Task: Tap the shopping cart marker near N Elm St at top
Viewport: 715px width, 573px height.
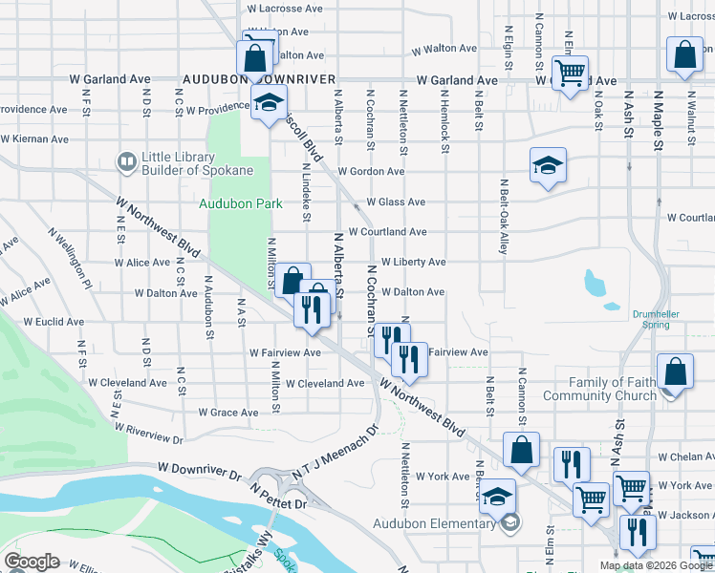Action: coord(571,73)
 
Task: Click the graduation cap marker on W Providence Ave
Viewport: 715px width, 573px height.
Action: coord(270,101)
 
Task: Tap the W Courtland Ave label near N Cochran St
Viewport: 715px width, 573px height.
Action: coord(387,232)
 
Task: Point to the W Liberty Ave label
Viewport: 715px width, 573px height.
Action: coord(413,262)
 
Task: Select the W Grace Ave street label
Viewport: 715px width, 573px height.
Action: coord(228,413)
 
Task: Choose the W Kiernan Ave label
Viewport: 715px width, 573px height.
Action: coord(34,139)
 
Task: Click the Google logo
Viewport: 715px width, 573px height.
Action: coord(32,562)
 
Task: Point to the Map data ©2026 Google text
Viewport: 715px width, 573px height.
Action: coord(656,565)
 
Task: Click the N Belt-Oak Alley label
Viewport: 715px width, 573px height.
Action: coord(504,216)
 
